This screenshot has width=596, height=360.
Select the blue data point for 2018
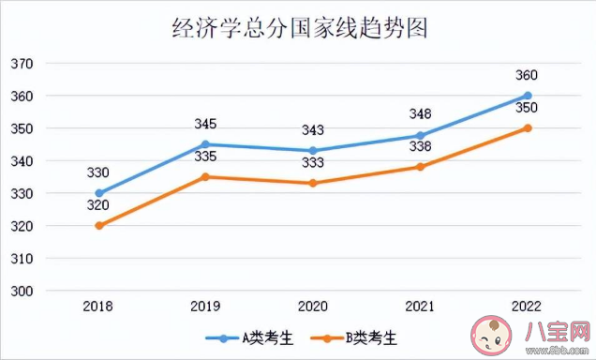(x=99, y=193)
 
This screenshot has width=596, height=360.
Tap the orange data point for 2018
(x=99, y=226)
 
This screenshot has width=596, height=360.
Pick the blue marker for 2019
(x=206, y=144)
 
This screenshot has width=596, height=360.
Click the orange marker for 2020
(x=313, y=183)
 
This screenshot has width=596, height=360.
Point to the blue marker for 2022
(x=528, y=96)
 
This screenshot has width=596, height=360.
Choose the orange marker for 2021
(x=421, y=167)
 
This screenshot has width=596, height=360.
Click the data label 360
(x=528, y=75)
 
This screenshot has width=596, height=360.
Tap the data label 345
(x=206, y=124)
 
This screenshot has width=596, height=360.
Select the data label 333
(x=313, y=162)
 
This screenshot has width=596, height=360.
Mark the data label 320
(x=99, y=205)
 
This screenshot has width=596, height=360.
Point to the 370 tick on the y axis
(x=22, y=64)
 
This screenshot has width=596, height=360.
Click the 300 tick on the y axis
(x=22, y=292)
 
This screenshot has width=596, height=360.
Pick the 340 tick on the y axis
(x=22, y=161)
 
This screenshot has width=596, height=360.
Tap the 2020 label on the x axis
(x=313, y=306)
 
